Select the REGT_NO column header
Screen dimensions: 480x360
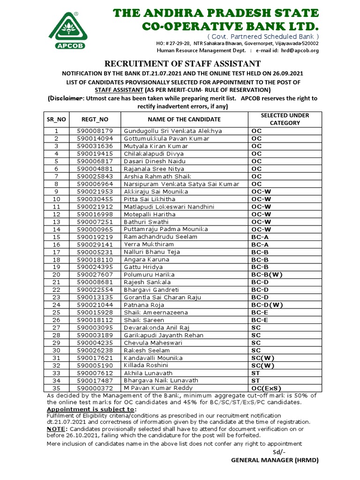point(95,120)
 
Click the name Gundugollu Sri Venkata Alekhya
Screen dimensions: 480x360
point(173,131)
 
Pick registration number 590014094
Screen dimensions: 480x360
point(95,139)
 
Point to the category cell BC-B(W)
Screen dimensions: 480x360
point(266,274)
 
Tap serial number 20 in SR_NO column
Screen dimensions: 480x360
point(57,274)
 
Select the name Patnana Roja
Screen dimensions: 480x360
point(144,305)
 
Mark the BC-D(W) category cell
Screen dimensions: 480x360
point(267,305)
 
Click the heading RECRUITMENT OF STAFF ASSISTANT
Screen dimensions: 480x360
point(182,64)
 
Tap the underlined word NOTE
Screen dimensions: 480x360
point(53,429)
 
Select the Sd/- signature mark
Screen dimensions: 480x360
point(279,452)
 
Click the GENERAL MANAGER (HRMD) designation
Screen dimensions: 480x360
point(275,460)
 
